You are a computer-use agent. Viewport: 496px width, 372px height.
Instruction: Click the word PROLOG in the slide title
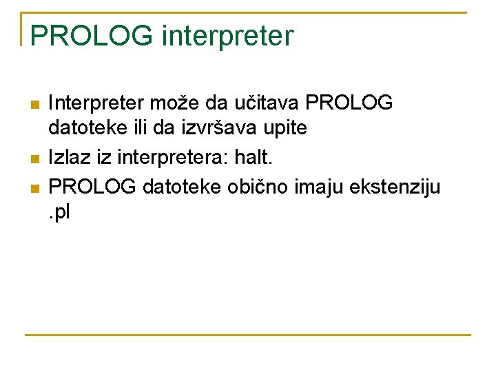click(x=91, y=36)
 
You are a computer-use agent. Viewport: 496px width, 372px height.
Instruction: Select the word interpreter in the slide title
click(x=227, y=36)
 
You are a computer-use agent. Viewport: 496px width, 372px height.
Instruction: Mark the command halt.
click(x=254, y=158)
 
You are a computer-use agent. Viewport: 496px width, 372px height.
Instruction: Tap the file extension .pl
click(x=59, y=213)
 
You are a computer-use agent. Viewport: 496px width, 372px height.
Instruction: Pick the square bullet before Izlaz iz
click(x=35, y=160)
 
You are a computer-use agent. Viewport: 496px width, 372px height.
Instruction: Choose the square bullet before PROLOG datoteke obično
click(x=35, y=187)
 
